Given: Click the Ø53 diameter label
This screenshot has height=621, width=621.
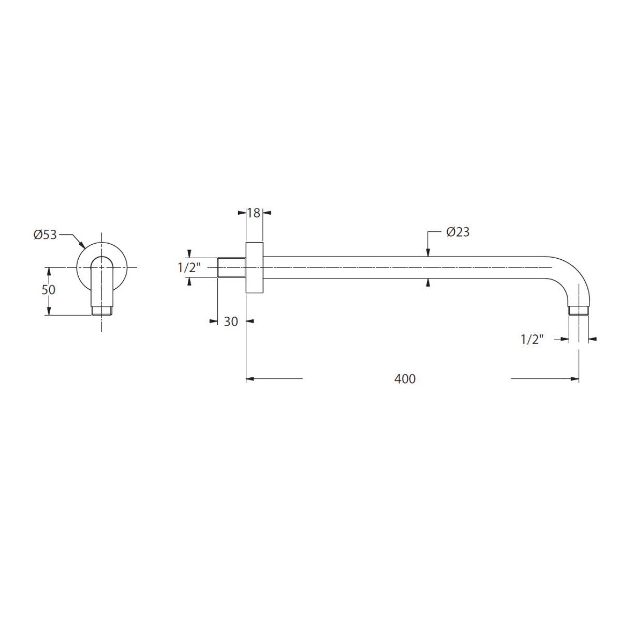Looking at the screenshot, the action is [45, 234].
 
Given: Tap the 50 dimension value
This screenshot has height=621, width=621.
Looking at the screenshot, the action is [48, 290].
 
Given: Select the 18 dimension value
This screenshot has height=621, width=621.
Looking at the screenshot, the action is [254, 213].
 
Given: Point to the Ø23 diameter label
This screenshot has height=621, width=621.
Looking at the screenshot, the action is [458, 232].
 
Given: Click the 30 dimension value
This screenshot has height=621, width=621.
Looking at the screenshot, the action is [231, 321].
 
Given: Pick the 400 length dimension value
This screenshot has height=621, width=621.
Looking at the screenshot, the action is [405, 379].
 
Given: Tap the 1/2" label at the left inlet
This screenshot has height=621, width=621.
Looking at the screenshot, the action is [189, 268].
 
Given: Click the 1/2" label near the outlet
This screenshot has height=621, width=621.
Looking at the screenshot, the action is [532, 339].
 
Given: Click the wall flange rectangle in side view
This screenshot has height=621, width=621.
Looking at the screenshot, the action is [254, 268].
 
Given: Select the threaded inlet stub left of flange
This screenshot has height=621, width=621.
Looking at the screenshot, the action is [232, 267].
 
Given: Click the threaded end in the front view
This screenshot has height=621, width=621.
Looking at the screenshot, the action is [102, 310].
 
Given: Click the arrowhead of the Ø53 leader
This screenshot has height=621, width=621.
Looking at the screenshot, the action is [82, 246].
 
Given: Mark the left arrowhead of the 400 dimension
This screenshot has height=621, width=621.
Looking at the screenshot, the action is [250, 379].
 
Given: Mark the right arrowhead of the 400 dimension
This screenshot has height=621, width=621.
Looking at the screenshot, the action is [575, 379].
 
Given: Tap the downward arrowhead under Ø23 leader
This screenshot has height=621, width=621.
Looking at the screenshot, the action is [428, 253].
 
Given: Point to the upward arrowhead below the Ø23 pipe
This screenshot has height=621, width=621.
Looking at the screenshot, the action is [428, 283].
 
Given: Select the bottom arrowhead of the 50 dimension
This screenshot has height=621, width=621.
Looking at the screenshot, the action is [49, 311].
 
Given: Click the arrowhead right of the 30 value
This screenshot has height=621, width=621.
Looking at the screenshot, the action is [250, 321].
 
